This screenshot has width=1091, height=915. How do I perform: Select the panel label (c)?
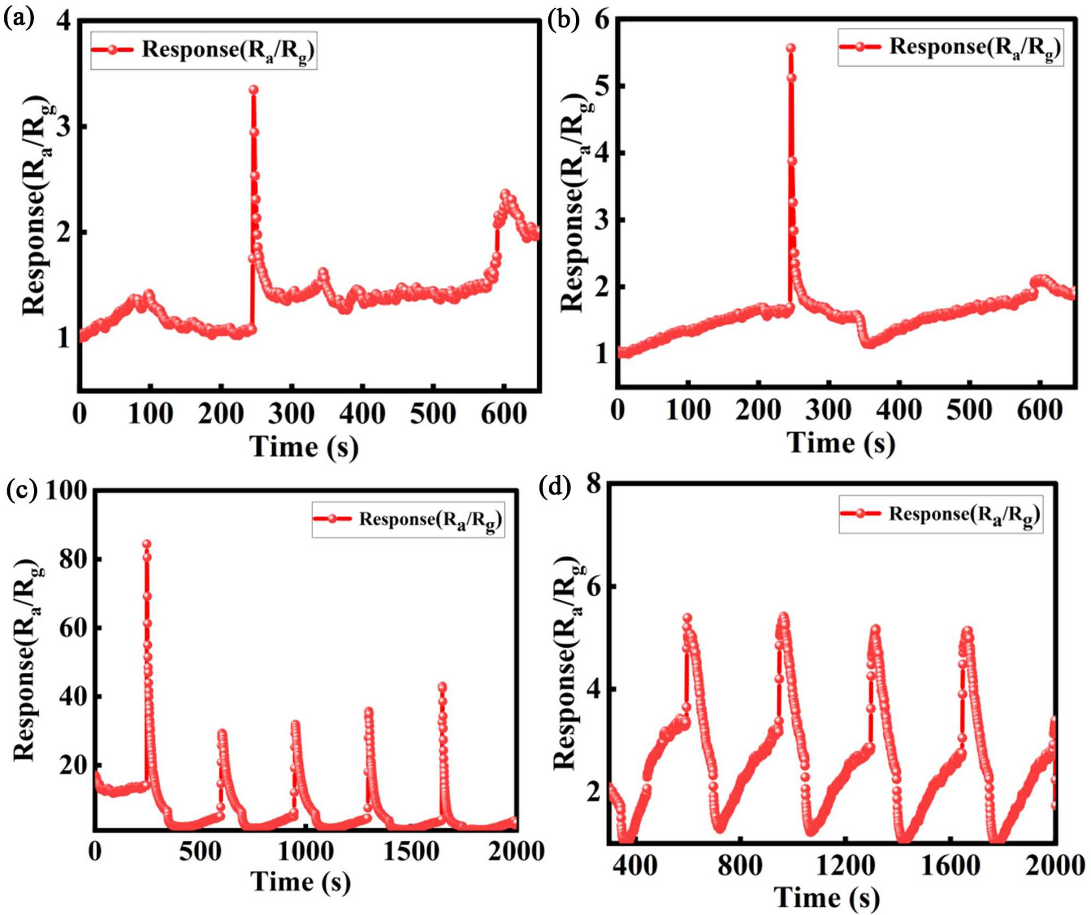tap(21, 490)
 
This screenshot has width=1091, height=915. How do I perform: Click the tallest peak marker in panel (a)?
tap(253, 90)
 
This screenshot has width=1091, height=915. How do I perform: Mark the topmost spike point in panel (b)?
tap(791, 48)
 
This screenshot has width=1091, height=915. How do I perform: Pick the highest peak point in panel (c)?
tap(146, 544)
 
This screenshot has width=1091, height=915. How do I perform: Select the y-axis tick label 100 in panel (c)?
tap(65, 490)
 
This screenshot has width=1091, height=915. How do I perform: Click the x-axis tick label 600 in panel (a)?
tap(503, 414)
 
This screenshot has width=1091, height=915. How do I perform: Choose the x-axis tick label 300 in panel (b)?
tap(828, 410)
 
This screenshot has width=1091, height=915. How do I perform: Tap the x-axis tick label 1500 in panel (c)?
tap(410, 852)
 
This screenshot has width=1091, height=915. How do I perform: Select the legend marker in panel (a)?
tap(112, 50)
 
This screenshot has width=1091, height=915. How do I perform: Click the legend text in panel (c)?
tap(430, 520)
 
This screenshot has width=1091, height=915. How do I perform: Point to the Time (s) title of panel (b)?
tap(841, 442)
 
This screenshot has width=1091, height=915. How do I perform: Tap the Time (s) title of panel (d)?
tap(826, 898)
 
